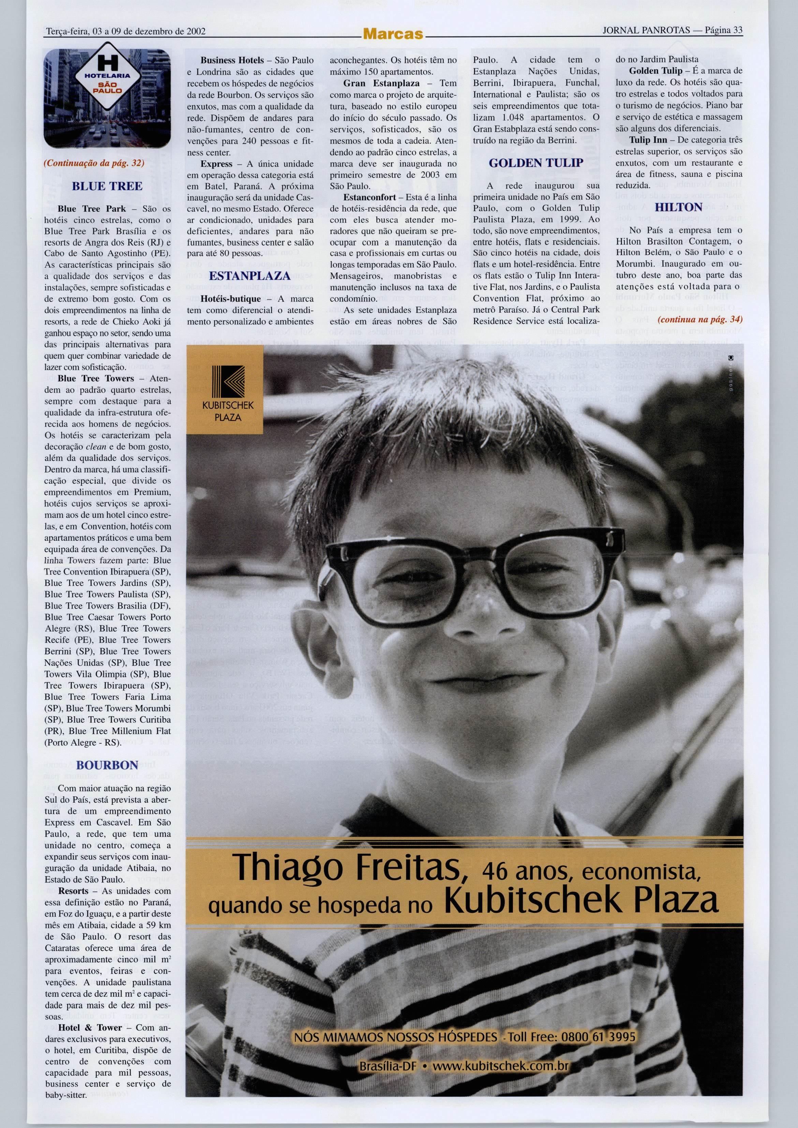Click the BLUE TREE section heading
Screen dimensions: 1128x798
click(x=107, y=186)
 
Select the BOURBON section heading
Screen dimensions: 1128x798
click(x=107, y=765)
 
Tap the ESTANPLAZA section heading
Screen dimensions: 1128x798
click(x=250, y=275)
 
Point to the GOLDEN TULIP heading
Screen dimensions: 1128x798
click(x=536, y=163)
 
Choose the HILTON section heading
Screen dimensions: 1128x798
click(x=679, y=207)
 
